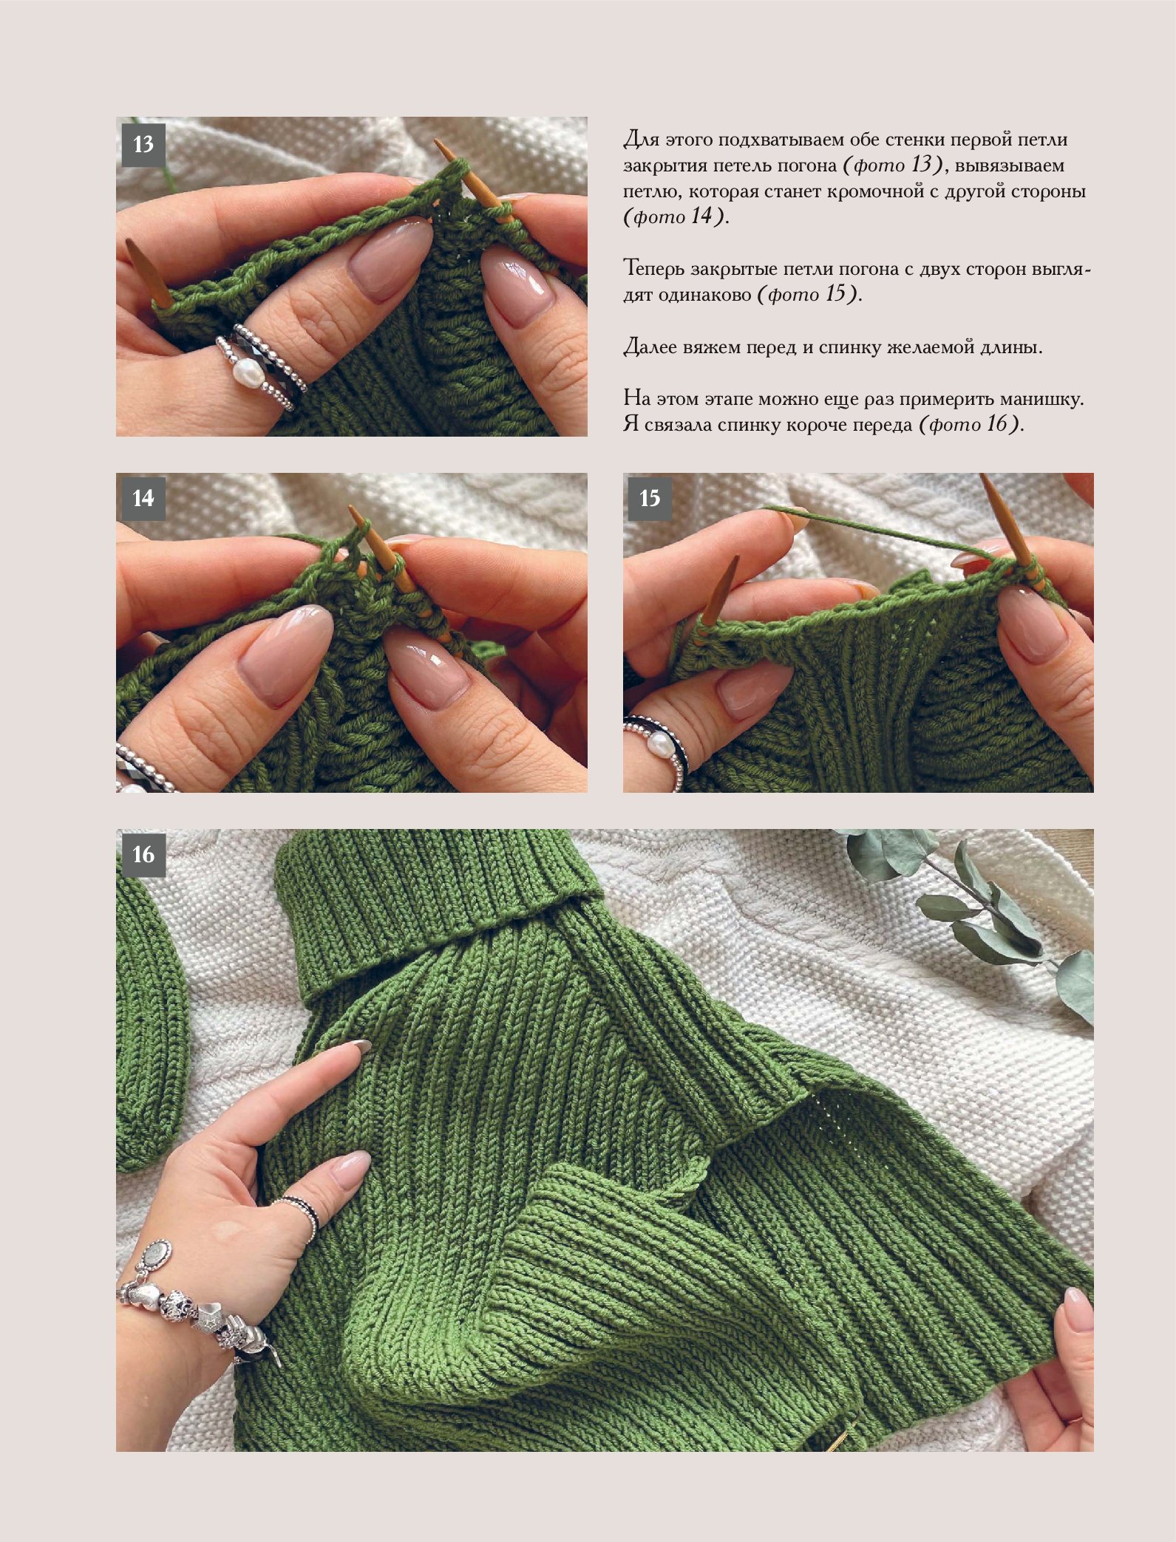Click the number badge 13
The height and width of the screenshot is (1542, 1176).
(x=143, y=143)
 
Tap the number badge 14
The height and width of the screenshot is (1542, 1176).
(x=143, y=499)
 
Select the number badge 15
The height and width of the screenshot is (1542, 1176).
(x=650, y=499)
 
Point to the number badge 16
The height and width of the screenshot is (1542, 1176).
(x=143, y=855)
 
